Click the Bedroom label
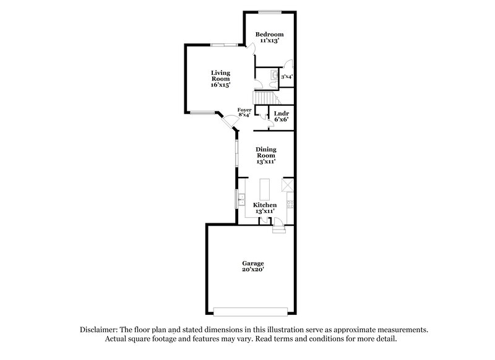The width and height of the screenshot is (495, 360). (271, 34)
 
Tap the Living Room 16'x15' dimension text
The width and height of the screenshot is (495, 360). (220, 85)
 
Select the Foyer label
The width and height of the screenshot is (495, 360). (245, 109)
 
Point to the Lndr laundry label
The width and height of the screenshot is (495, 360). (282, 114)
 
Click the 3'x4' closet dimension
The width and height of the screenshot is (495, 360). (286, 77)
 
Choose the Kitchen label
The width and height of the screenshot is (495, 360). (265, 205)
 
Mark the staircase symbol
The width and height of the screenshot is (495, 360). (265, 98)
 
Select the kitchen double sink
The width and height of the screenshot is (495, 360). (242, 199)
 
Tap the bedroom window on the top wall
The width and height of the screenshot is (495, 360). (270, 12)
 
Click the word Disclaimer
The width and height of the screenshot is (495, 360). (101, 330)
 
